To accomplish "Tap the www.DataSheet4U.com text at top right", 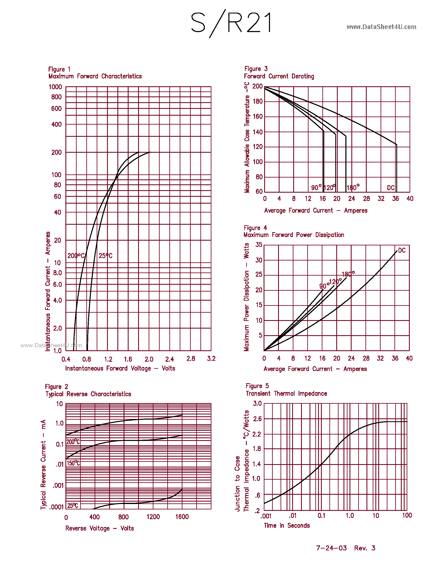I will click(x=381, y=27).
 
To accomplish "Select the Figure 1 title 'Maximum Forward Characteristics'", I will click(x=95, y=76).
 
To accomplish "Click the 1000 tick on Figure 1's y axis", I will click(x=55, y=87).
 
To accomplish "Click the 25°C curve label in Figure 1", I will click(x=106, y=256).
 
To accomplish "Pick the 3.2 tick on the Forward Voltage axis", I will click(x=211, y=359).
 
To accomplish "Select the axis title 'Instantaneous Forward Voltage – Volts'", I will click(x=120, y=368).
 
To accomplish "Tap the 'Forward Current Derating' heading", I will click(x=279, y=76).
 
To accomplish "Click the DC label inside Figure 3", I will click(x=391, y=188).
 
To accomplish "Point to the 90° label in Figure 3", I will click(x=316, y=188).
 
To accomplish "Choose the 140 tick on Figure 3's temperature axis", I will click(x=258, y=132).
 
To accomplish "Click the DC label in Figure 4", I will click(x=402, y=250).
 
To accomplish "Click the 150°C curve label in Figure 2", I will click(x=73, y=463).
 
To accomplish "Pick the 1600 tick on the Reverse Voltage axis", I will click(x=182, y=517).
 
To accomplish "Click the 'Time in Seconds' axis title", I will click(x=287, y=526).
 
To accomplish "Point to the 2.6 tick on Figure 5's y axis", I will click(x=257, y=419).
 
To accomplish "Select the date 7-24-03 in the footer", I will click(x=331, y=548).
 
